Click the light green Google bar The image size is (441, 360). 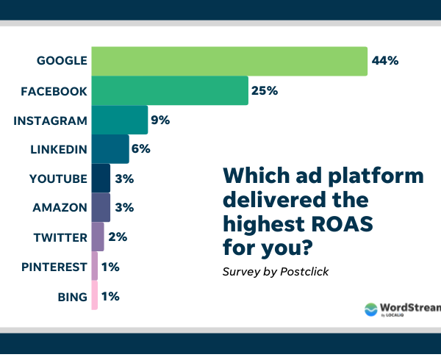[229, 61]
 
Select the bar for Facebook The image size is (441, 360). [169, 91]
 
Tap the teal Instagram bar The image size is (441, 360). [119, 120]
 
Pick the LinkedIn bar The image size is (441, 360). [110, 149]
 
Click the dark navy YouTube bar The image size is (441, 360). [101, 179]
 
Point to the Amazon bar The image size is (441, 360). [101, 208]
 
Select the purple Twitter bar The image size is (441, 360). [98, 237]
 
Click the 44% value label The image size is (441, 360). [385, 61]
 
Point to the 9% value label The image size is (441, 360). [161, 120]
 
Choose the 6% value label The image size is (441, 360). [141, 149]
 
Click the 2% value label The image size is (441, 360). [118, 237]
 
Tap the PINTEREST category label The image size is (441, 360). [51, 267]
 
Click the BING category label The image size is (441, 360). [72, 297]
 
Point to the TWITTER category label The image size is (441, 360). [60, 237]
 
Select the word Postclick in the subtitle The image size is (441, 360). [304, 272]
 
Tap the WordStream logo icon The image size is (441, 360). [371, 310]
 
